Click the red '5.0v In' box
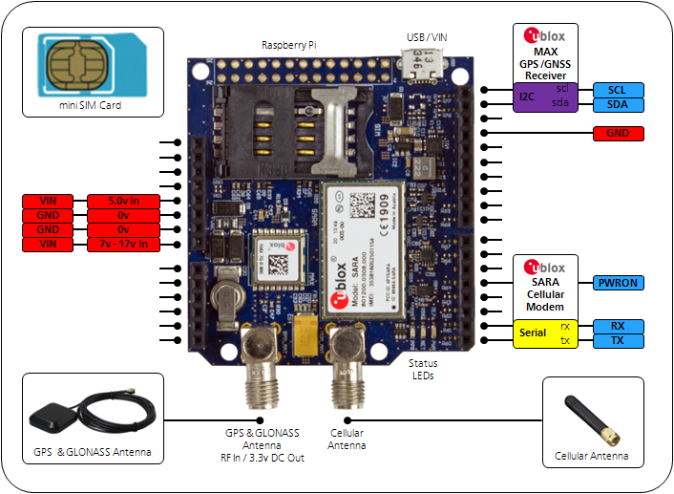tap(122, 201)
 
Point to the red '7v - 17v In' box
tap(122, 246)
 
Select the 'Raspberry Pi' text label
tap(291, 45)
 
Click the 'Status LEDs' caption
tap(423, 370)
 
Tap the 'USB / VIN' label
tap(425, 37)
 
